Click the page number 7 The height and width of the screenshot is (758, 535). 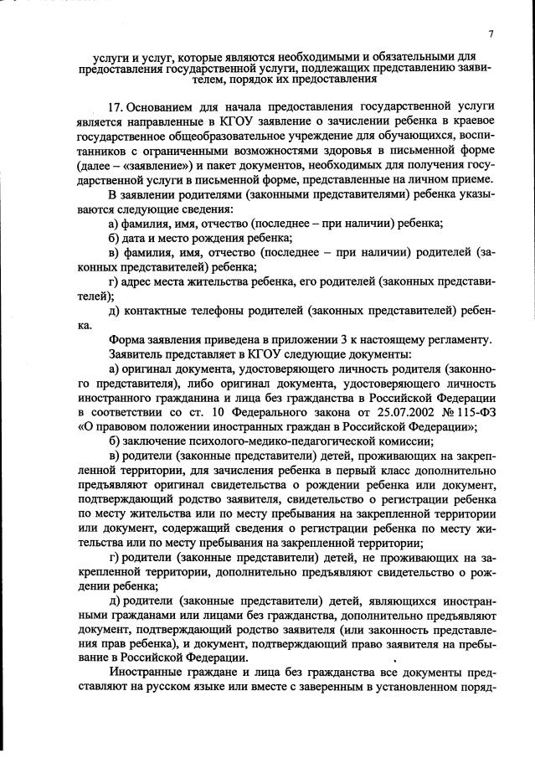(491, 34)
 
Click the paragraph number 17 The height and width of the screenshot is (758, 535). (118, 107)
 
